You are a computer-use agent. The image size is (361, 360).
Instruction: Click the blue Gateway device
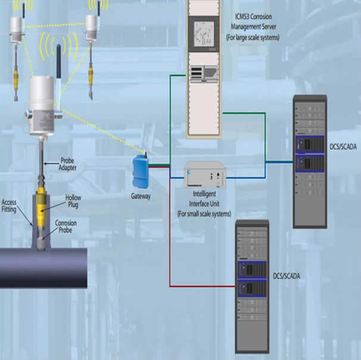pyautogui.click(x=141, y=171)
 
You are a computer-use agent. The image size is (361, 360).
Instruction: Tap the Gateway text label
pyautogui.click(x=141, y=196)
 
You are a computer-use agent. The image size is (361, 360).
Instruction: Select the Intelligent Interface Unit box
pyautogui.click(x=205, y=175)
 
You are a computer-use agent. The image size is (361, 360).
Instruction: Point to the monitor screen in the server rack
pyautogui.click(x=204, y=34)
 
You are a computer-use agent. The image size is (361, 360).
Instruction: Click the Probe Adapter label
pyautogui.click(x=67, y=164)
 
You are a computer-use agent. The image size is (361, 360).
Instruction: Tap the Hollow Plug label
pyautogui.click(x=73, y=201)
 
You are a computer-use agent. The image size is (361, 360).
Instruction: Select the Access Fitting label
pyautogui.click(x=9, y=206)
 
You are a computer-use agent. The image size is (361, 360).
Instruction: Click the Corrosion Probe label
pyautogui.click(x=66, y=226)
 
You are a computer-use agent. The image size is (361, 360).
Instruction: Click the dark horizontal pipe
pyautogui.click(x=43, y=268)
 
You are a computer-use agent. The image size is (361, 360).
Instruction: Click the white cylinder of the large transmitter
pyautogui.click(x=42, y=93)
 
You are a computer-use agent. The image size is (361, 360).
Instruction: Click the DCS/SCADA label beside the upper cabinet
pyautogui.click(x=343, y=147)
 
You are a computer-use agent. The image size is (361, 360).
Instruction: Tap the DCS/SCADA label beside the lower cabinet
pyautogui.click(x=287, y=276)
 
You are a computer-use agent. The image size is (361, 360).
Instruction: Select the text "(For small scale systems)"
pyautogui.click(x=204, y=214)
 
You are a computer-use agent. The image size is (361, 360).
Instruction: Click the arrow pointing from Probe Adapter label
pyautogui.click(x=51, y=164)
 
